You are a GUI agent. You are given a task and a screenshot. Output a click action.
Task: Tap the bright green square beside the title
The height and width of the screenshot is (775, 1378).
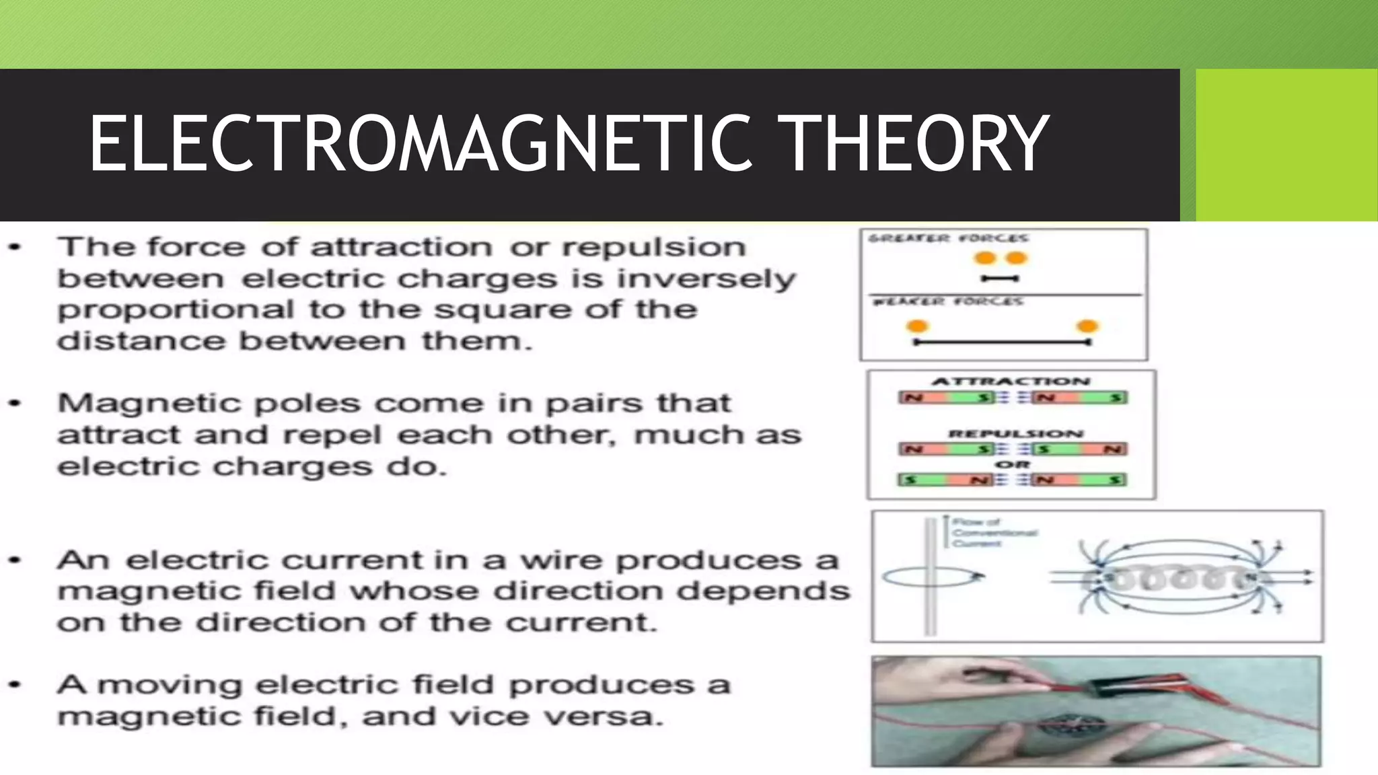click(1286, 145)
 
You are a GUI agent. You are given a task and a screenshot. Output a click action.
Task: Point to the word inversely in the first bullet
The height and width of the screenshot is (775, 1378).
click(706, 279)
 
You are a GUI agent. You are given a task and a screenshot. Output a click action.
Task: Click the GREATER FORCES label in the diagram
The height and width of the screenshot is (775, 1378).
click(948, 238)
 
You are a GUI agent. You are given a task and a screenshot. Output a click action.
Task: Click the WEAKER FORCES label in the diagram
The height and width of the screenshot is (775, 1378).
click(948, 301)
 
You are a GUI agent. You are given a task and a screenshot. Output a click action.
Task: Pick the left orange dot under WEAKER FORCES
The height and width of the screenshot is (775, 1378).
click(917, 327)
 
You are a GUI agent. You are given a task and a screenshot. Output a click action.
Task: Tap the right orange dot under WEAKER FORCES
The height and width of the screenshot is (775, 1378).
click(1087, 327)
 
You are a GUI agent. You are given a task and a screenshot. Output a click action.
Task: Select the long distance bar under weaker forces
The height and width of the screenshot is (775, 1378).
click(1002, 342)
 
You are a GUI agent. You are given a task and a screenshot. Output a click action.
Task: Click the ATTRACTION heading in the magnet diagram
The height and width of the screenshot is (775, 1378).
click(1011, 381)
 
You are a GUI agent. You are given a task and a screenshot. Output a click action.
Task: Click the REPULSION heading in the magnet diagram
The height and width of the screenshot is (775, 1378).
click(1016, 434)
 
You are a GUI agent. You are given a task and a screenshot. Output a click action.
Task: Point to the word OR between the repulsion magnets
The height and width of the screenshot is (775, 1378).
click(1013, 464)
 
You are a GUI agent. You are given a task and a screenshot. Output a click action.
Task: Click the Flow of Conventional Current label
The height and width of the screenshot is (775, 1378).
click(994, 532)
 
